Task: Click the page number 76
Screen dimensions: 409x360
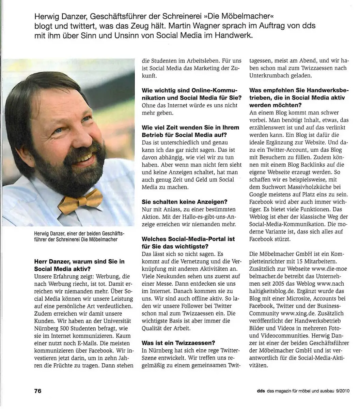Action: pyautogui.click(x=37, y=391)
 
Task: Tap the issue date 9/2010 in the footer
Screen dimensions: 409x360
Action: pyautogui.click(x=342, y=391)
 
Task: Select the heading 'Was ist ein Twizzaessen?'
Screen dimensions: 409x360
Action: pyautogui.click(x=178, y=343)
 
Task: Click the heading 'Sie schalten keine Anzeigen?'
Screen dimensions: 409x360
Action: pyautogui.click(x=185, y=202)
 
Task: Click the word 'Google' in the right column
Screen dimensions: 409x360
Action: pyautogui.click(x=260, y=194)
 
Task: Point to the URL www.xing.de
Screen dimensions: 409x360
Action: pyautogui.click(x=298, y=313)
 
